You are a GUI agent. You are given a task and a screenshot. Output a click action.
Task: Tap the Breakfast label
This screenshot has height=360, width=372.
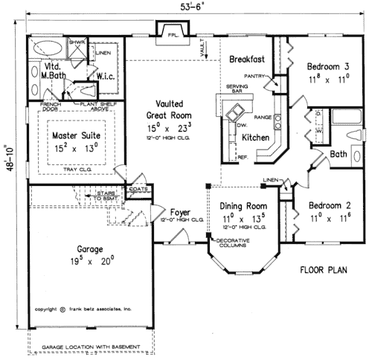point(247,59)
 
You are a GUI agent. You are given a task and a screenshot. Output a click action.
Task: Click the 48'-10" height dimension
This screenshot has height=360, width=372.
point(9,168)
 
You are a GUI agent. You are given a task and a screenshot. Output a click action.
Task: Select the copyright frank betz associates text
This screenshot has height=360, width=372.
point(83,307)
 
